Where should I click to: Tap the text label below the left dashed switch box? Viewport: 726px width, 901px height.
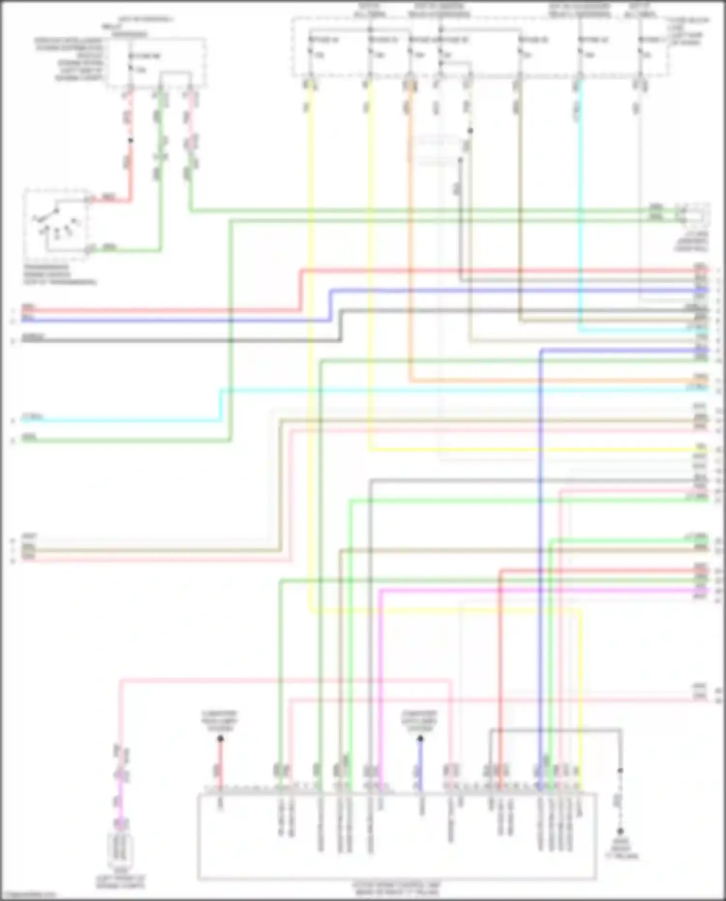click(59, 275)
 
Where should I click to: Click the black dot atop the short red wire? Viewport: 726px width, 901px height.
click(220, 739)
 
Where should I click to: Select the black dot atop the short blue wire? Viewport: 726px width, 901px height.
click(420, 739)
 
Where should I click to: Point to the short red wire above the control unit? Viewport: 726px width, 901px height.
click(220, 765)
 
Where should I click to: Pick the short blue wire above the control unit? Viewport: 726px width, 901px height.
click(420, 765)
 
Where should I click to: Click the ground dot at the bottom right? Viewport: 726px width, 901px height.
click(620, 831)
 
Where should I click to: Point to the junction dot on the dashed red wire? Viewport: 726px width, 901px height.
click(130, 141)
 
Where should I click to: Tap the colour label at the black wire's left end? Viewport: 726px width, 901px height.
click(33, 337)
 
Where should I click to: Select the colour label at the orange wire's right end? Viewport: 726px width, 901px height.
click(700, 377)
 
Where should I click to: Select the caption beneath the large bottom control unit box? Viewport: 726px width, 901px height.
click(396, 888)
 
